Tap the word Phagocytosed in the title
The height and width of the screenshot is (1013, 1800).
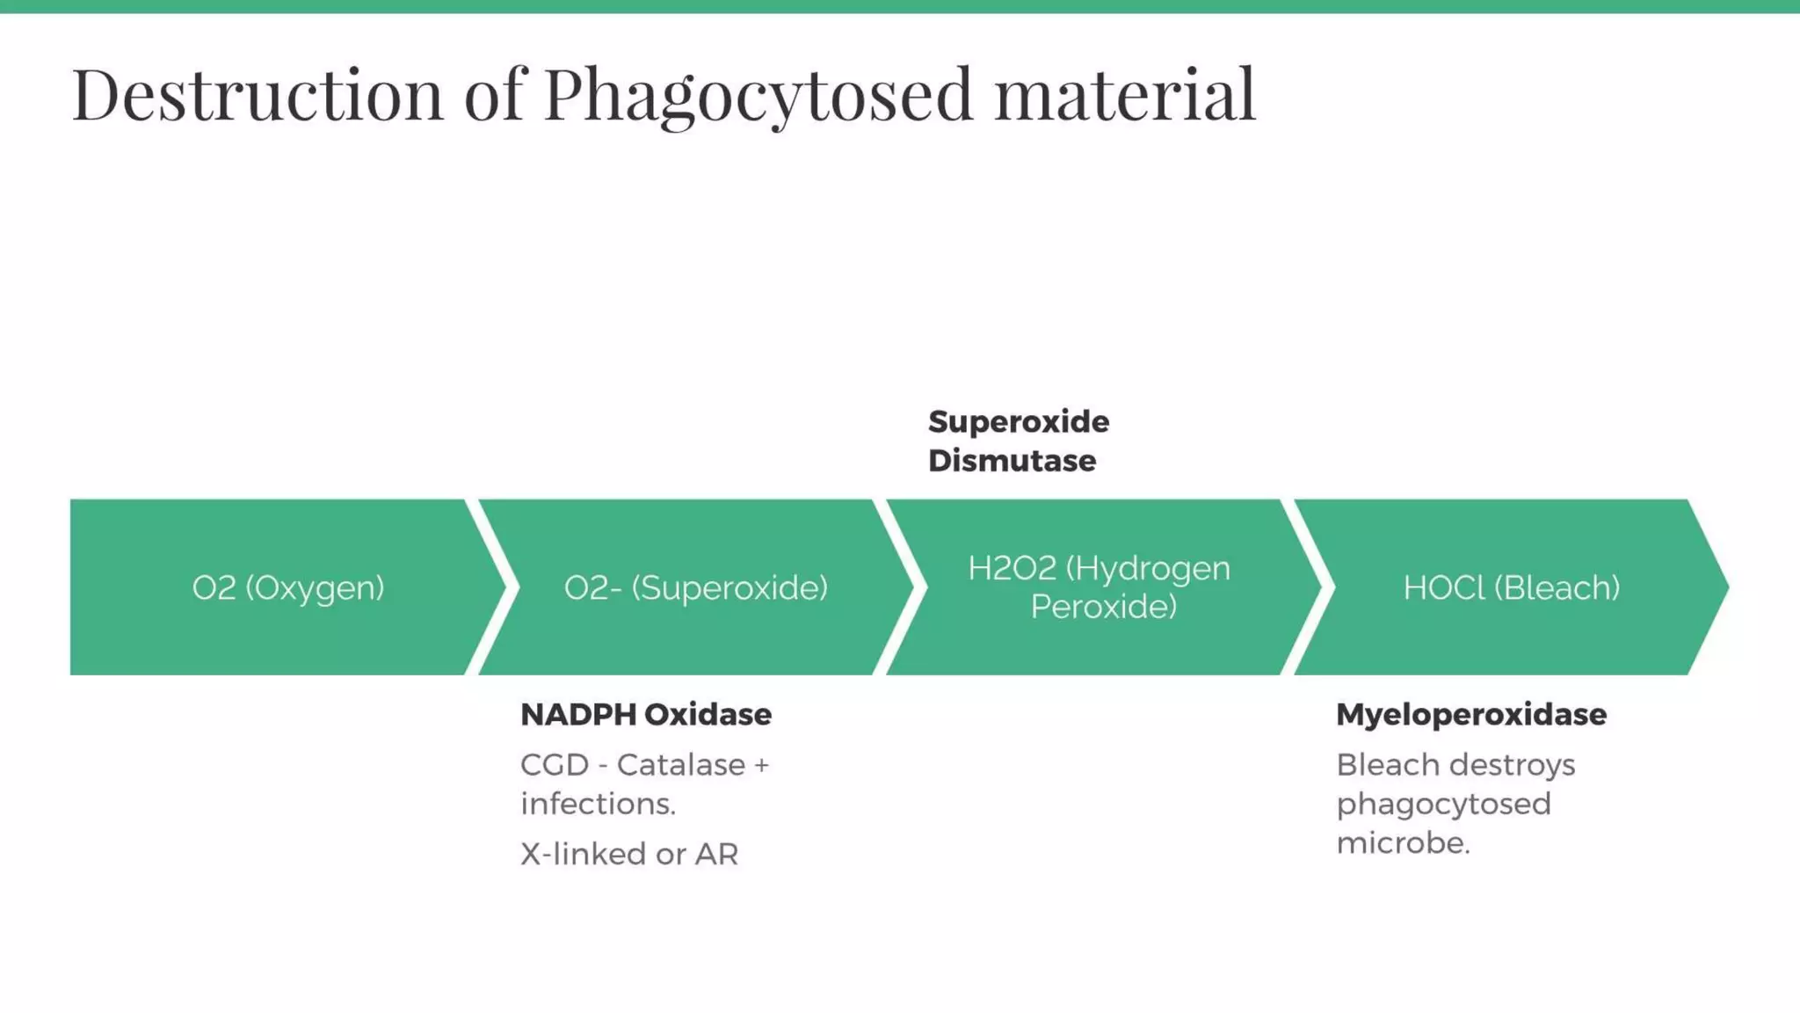click(758, 95)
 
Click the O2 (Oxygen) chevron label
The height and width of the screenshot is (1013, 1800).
click(288, 587)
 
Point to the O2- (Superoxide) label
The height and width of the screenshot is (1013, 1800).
click(695, 587)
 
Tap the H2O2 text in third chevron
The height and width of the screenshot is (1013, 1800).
click(1012, 568)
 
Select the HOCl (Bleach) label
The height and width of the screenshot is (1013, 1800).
click(1511, 587)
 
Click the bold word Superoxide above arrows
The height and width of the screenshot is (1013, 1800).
click(1019, 421)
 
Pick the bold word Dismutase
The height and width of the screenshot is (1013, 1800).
click(1012, 461)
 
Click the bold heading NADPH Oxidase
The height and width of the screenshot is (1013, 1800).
click(646, 714)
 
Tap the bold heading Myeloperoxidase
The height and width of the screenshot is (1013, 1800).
click(1470, 714)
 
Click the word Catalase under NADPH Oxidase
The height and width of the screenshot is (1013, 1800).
click(681, 765)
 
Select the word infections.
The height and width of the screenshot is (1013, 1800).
click(598, 804)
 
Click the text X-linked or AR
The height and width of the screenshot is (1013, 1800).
click(629, 854)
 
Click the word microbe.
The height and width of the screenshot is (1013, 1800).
click(1403, 842)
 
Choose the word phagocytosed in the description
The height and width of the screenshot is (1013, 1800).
click(1443, 804)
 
